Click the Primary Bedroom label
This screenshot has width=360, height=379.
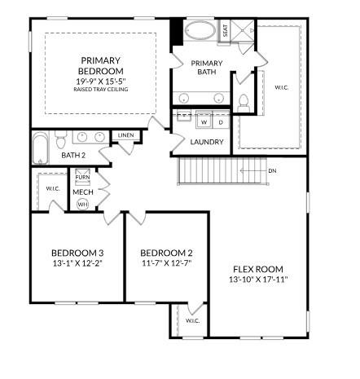(x=100, y=66)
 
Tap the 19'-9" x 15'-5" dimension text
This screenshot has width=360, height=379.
(x=100, y=82)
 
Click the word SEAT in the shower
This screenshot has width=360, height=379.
(x=226, y=31)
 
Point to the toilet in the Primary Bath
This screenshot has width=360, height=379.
(x=243, y=102)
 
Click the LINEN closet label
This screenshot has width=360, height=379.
(x=125, y=135)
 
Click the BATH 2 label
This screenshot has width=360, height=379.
(x=73, y=155)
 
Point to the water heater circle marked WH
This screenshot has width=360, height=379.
(x=82, y=204)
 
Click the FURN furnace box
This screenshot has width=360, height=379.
(x=82, y=177)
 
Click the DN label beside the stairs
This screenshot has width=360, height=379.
(x=272, y=170)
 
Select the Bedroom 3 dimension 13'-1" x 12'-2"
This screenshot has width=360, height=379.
(x=77, y=262)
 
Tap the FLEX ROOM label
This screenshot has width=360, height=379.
(x=259, y=268)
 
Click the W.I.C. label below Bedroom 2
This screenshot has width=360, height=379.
(x=192, y=320)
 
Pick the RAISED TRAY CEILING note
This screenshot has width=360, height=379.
(x=100, y=90)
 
